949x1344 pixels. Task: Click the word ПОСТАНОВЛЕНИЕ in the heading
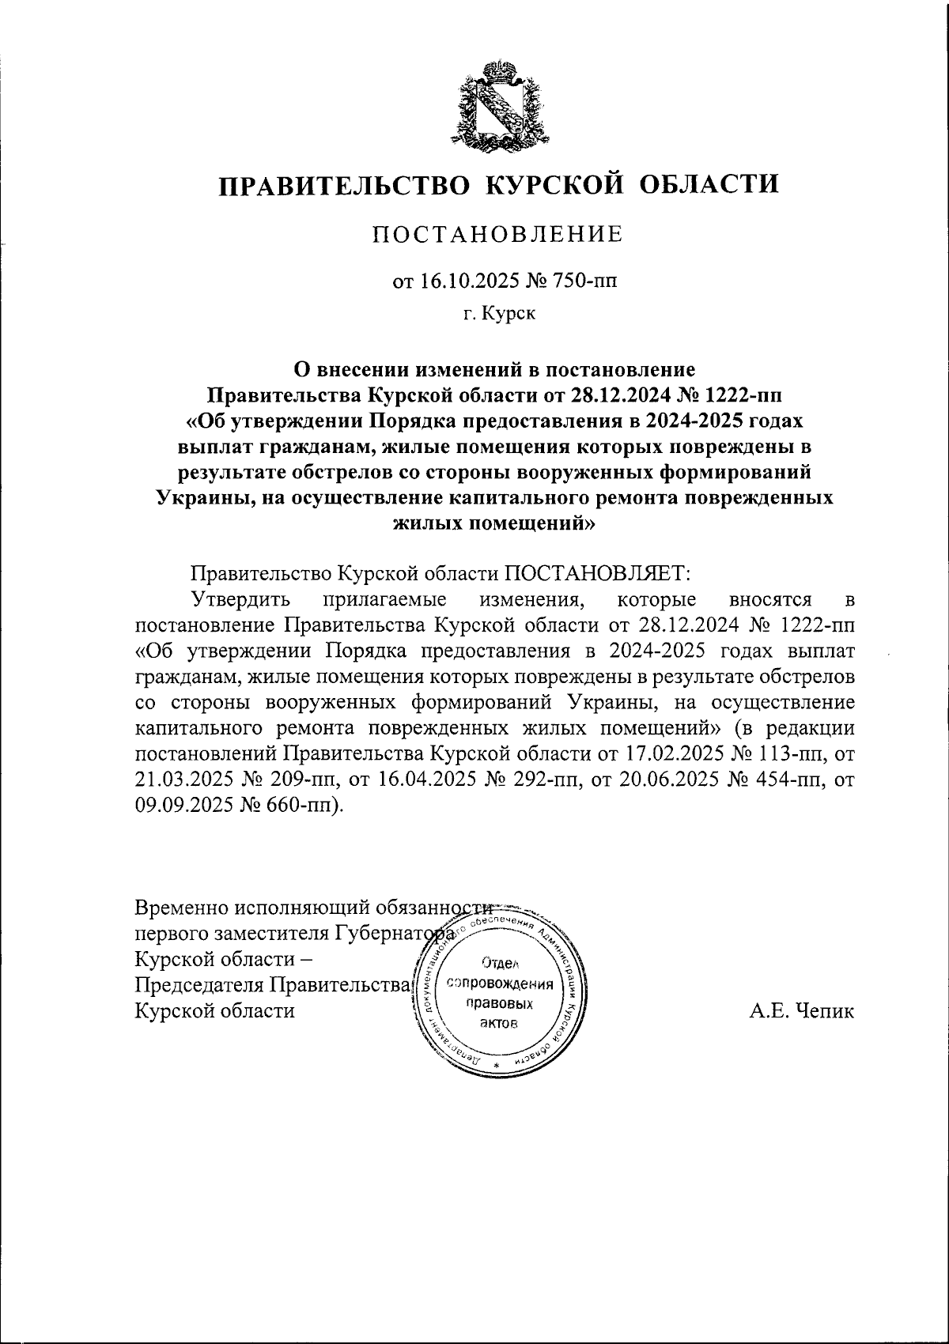pyautogui.click(x=498, y=234)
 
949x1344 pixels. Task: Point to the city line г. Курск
pyautogui.click(x=499, y=315)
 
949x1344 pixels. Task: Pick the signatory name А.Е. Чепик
pyautogui.click(x=802, y=1010)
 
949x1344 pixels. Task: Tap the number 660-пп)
pyautogui.click(x=304, y=805)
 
